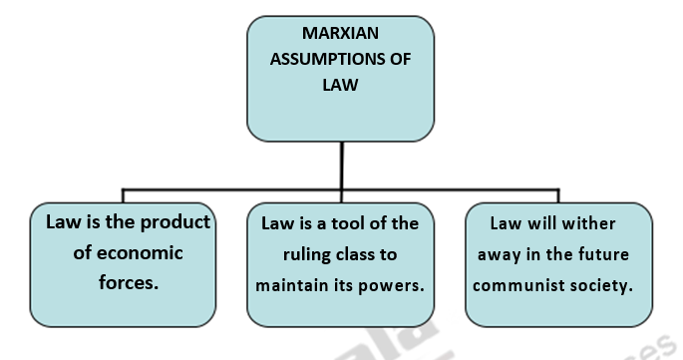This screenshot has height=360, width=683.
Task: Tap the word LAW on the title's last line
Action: tap(340, 85)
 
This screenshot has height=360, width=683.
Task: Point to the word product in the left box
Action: tap(177, 221)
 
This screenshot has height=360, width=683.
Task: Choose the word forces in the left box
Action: tap(124, 282)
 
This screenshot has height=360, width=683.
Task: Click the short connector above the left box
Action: tap(123, 195)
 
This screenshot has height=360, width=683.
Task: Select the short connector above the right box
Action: tap(558, 195)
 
